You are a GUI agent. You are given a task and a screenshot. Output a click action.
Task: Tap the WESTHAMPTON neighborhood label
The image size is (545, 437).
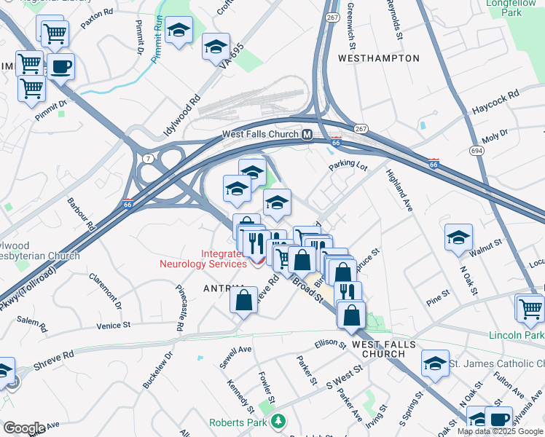379,58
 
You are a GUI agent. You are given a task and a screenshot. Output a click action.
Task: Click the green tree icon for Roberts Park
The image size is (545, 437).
277,422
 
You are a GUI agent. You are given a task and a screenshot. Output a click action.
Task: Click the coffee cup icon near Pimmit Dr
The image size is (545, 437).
60,68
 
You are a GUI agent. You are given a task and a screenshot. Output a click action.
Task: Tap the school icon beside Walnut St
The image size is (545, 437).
458,237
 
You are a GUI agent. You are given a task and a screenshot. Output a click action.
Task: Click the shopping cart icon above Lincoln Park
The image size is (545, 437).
530,308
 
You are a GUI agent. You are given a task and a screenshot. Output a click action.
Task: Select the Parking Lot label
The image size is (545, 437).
348,165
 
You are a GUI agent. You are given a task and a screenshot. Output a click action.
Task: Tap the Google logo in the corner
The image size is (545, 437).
24,428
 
